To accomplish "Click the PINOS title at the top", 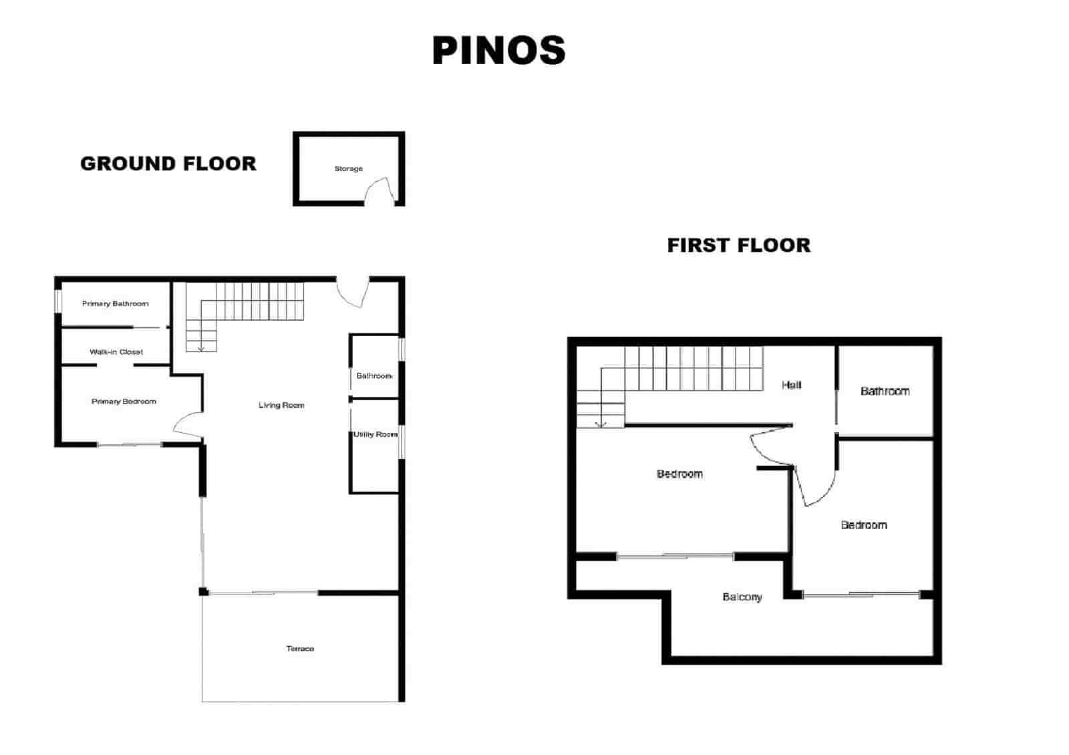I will click(498, 51).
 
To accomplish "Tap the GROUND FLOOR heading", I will click(168, 164).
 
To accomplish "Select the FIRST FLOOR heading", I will click(738, 245).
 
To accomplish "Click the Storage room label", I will click(349, 169).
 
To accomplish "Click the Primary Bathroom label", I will click(116, 304).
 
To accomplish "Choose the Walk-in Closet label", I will click(116, 352).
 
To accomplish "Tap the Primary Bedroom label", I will click(124, 402).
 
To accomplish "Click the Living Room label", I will click(281, 406).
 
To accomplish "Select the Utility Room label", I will click(375, 434).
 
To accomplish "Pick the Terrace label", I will click(300, 649).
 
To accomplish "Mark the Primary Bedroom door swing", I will click(188, 426).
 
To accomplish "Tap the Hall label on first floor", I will click(792, 385).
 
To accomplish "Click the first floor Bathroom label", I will click(885, 391).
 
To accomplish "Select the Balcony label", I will click(742, 597).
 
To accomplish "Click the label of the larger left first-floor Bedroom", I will click(679, 474).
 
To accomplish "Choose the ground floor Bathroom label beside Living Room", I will click(374, 376).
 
